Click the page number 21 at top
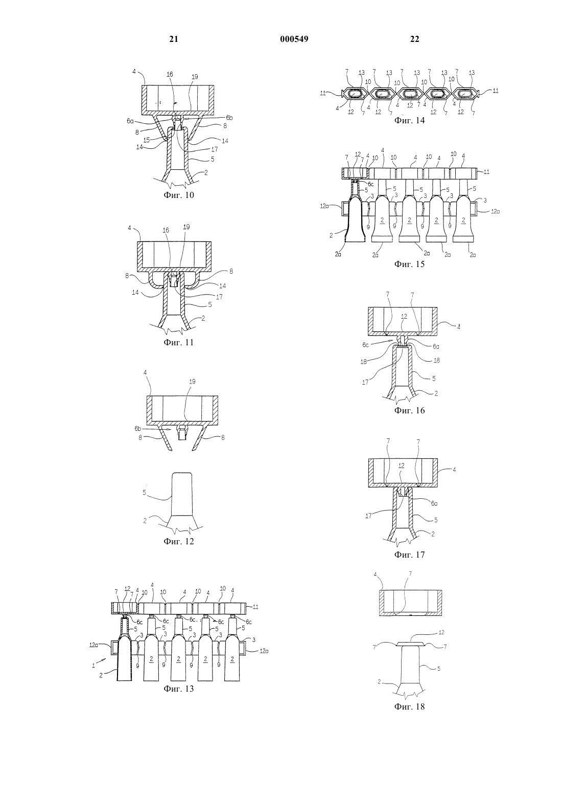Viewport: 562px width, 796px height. pyautogui.click(x=174, y=39)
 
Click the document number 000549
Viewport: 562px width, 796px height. pyautogui.click(x=294, y=39)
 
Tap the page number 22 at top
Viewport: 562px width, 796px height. pyautogui.click(x=414, y=39)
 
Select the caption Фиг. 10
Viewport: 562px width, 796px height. pyautogui.click(x=179, y=195)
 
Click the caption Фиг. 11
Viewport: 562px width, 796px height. pyautogui.click(x=179, y=342)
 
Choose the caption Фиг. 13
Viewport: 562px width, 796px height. pyautogui.click(x=179, y=689)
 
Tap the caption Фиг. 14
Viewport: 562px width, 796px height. pyautogui.click(x=409, y=120)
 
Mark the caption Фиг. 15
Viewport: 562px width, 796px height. pyautogui.click(x=409, y=264)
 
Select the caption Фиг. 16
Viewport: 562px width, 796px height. pyautogui.click(x=409, y=410)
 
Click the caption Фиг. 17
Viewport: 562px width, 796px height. pyautogui.click(x=409, y=555)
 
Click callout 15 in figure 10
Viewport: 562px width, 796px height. pyautogui.click(x=147, y=140)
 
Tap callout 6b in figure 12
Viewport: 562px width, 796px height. pyautogui.click(x=138, y=429)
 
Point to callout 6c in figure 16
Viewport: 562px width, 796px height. pyautogui.click(x=366, y=344)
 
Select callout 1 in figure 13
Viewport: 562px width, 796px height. pyautogui.click(x=93, y=666)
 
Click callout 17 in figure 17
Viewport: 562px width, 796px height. pyautogui.click(x=369, y=516)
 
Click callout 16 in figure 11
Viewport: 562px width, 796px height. pyautogui.click(x=166, y=230)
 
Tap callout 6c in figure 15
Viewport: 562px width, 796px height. pyautogui.click(x=371, y=184)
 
